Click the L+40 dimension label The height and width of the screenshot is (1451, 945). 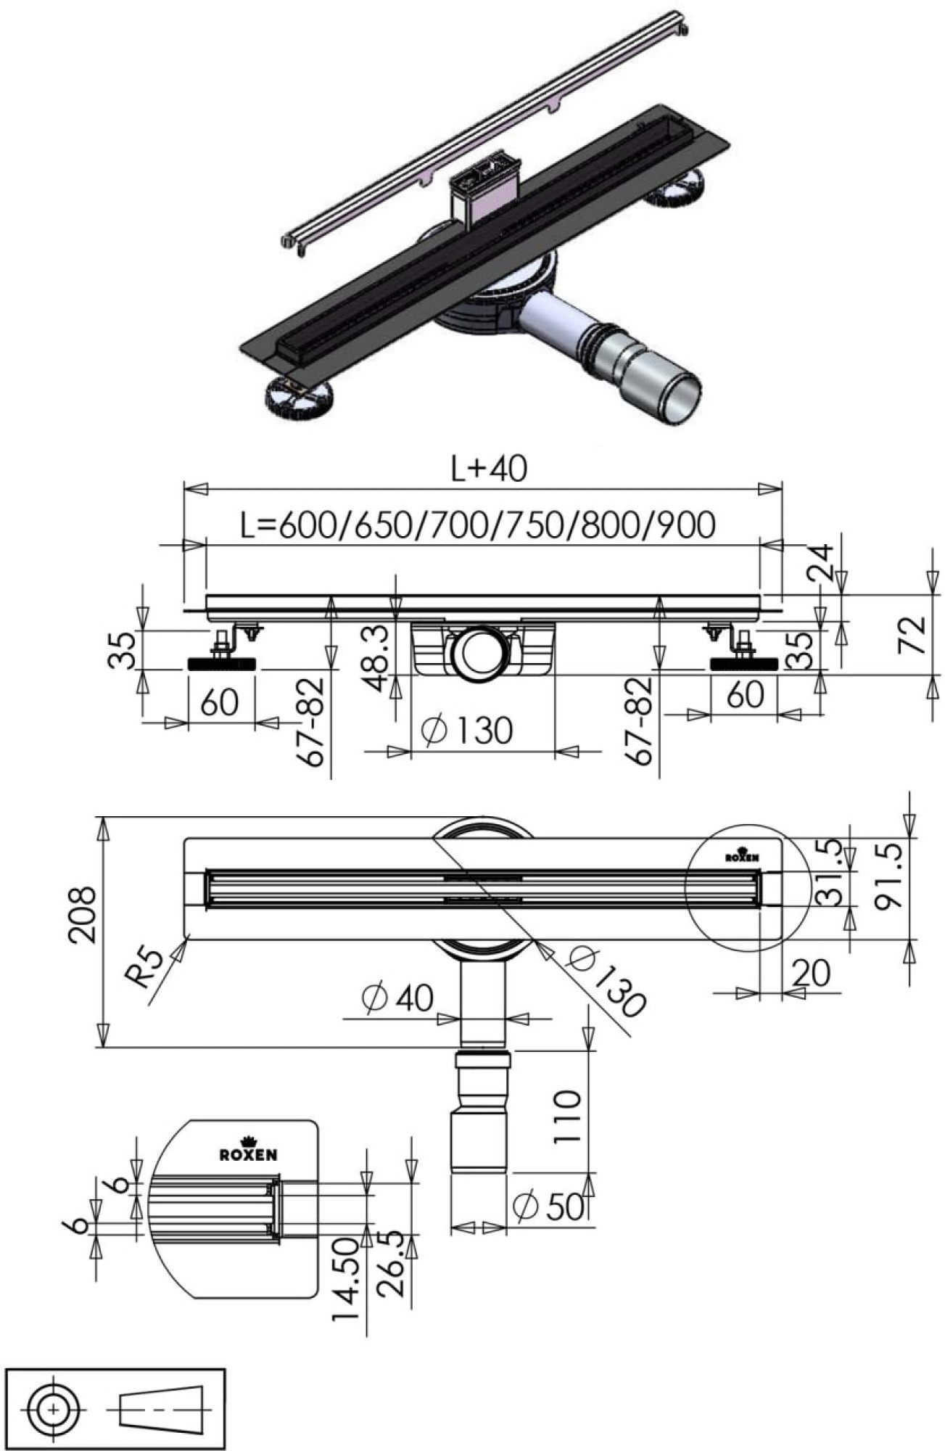(x=489, y=469)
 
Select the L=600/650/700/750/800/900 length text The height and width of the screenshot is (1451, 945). (x=478, y=524)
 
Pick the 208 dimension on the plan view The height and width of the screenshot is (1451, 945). (x=82, y=914)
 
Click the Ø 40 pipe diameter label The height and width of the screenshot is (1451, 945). (x=397, y=998)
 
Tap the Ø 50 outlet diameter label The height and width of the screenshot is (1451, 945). (x=548, y=1206)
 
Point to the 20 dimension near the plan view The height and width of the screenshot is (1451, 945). (x=810, y=973)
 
